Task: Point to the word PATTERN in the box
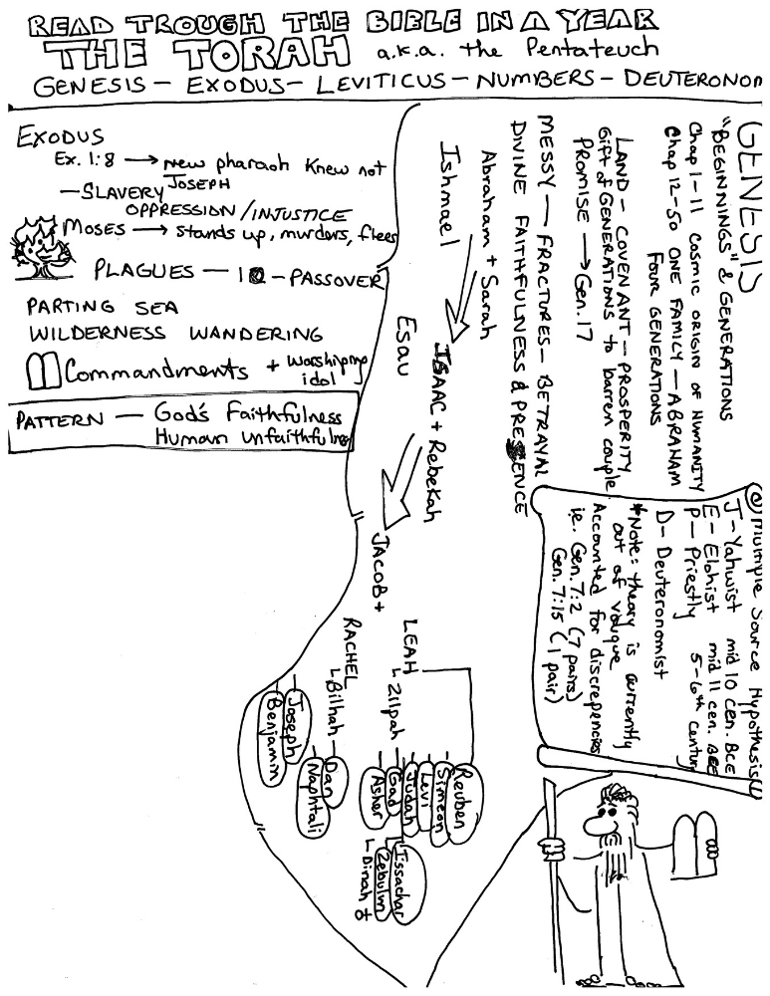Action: pyautogui.click(x=59, y=422)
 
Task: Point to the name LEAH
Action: pyautogui.click(x=418, y=636)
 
